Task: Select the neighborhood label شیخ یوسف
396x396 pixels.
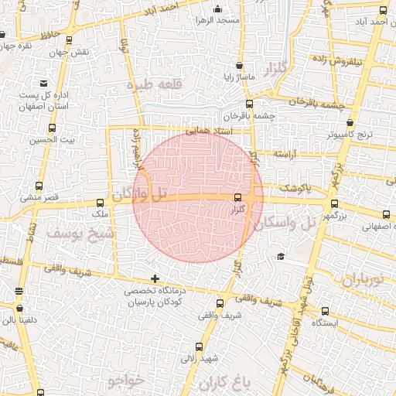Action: click(x=80, y=232)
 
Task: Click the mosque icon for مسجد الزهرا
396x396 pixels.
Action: click(x=217, y=9)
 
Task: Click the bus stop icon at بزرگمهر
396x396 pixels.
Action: click(x=334, y=204)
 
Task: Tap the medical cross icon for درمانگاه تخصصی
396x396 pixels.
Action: click(x=155, y=278)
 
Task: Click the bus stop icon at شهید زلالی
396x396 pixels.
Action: click(x=200, y=346)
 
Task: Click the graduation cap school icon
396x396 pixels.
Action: click(x=280, y=256)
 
